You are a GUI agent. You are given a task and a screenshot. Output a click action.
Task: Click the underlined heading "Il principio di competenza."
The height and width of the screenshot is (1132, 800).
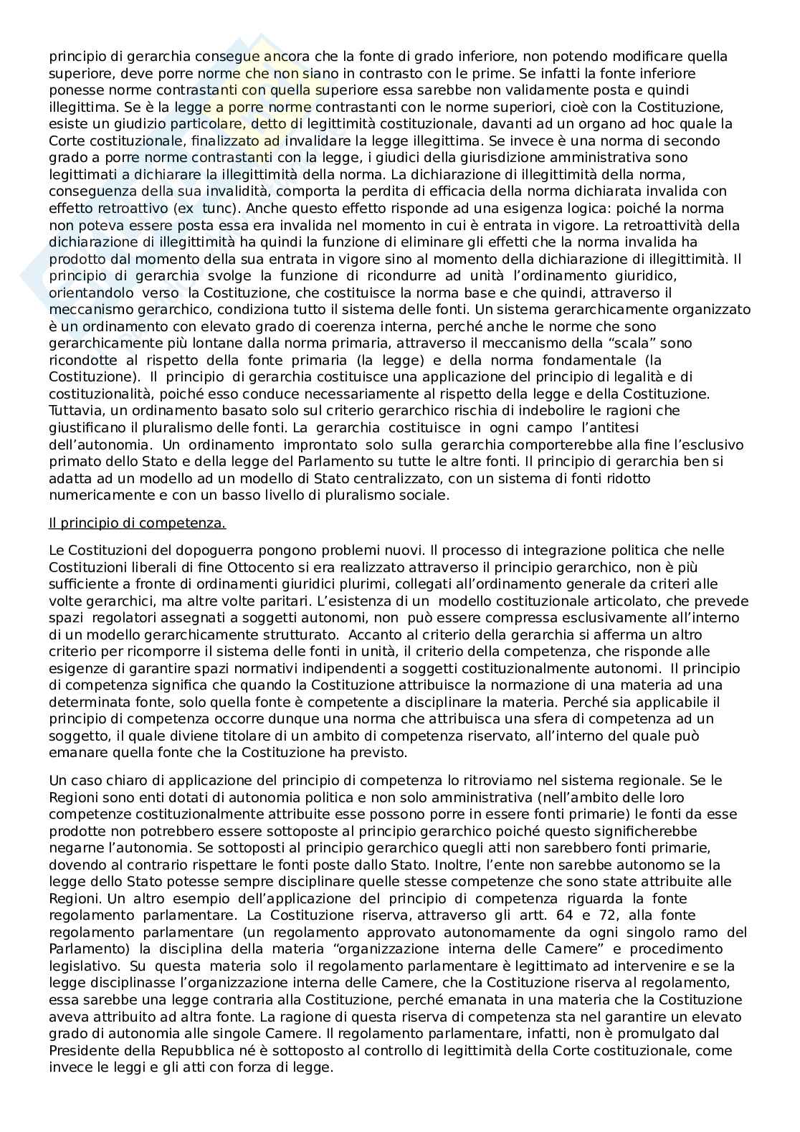[x=137, y=523]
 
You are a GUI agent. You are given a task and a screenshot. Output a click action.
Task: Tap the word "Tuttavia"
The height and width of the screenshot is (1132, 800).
[x=74, y=410]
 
